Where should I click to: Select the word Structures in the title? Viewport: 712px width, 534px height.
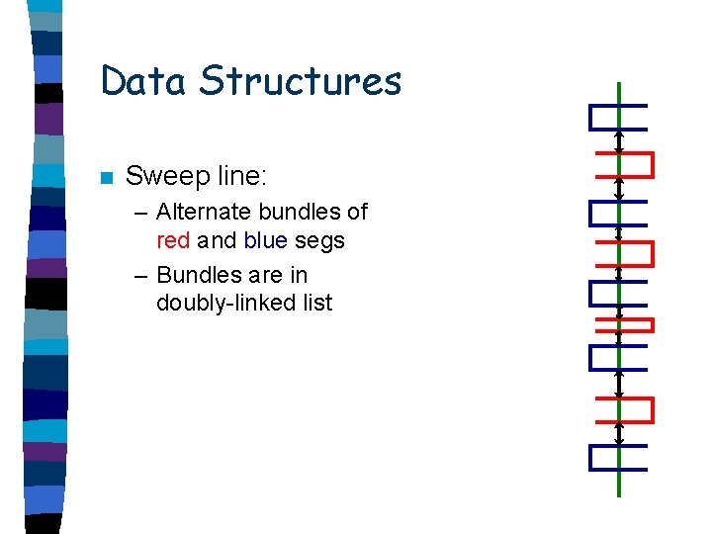(301, 81)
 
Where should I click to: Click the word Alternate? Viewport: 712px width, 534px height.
(207, 212)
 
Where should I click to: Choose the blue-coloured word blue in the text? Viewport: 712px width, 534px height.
(266, 240)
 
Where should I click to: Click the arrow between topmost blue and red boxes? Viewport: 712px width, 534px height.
(619, 141)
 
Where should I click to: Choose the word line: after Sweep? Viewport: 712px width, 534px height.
(242, 177)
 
